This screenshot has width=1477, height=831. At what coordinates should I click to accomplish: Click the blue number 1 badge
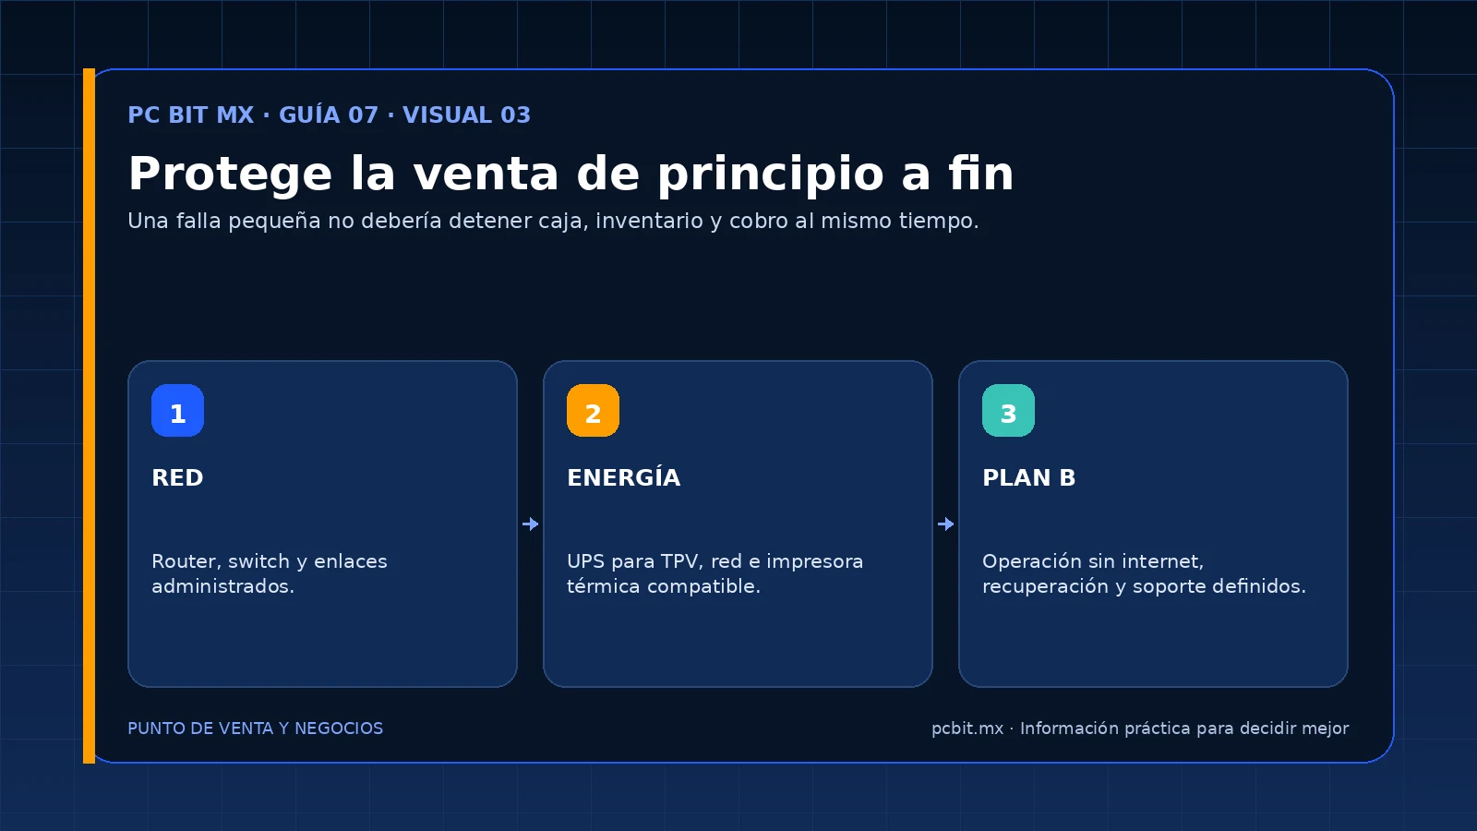(x=177, y=410)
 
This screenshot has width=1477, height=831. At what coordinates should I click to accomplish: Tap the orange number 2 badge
(x=593, y=410)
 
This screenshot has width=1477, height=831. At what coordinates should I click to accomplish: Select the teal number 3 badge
(x=1008, y=410)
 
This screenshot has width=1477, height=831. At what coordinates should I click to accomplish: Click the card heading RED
(x=177, y=477)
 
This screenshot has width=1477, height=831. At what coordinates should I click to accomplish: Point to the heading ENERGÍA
(x=624, y=476)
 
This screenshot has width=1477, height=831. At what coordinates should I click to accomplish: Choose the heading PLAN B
(x=1028, y=477)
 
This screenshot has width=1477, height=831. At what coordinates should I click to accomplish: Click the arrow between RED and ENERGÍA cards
(x=530, y=524)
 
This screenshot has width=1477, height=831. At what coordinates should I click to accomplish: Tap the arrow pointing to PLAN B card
(x=945, y=524)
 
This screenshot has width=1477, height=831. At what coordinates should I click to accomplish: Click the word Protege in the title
(x=230, y=175)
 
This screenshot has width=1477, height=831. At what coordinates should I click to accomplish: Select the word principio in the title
(x=770, y=175)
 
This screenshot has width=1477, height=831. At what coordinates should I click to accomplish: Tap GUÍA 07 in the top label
(x=329, y=114)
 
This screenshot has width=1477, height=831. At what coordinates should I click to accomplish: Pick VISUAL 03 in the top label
(x=466, y=114)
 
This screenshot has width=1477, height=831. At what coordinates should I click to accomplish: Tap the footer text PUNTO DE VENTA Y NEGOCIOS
(x=255, y=729)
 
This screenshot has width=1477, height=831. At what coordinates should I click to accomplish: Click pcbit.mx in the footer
(x=967, y=729)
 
